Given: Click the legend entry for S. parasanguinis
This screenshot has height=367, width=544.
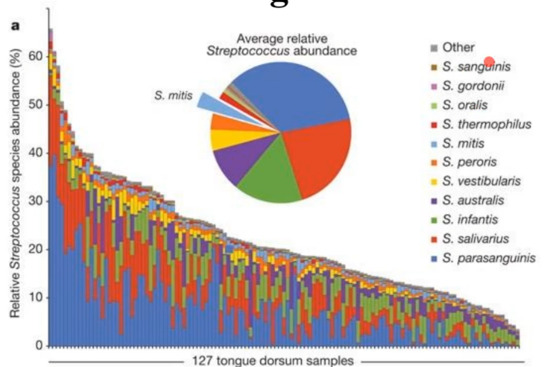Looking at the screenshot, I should (488, 258).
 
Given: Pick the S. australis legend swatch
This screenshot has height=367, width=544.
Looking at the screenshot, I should (434, 200).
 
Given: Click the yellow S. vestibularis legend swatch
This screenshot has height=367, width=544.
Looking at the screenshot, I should (434, 181).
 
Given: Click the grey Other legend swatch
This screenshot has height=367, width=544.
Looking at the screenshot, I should (434, 48).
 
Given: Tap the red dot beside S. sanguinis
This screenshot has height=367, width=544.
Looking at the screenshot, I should (490, 62).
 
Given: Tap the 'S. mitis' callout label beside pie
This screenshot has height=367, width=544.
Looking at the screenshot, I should (171, 95).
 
